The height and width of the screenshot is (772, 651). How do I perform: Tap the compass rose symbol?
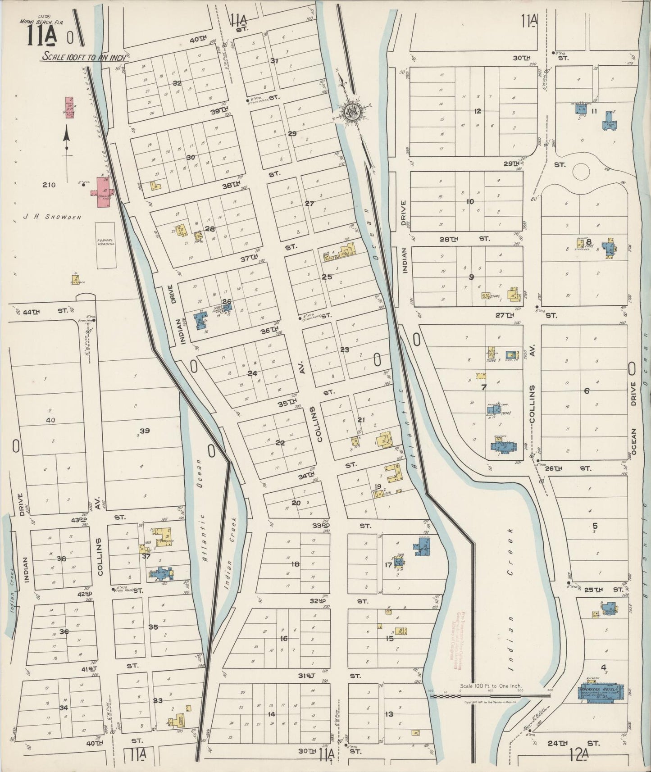(353, 112)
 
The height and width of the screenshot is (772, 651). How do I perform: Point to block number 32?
(177, 83)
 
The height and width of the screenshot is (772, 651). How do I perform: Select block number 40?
(50, 420)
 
